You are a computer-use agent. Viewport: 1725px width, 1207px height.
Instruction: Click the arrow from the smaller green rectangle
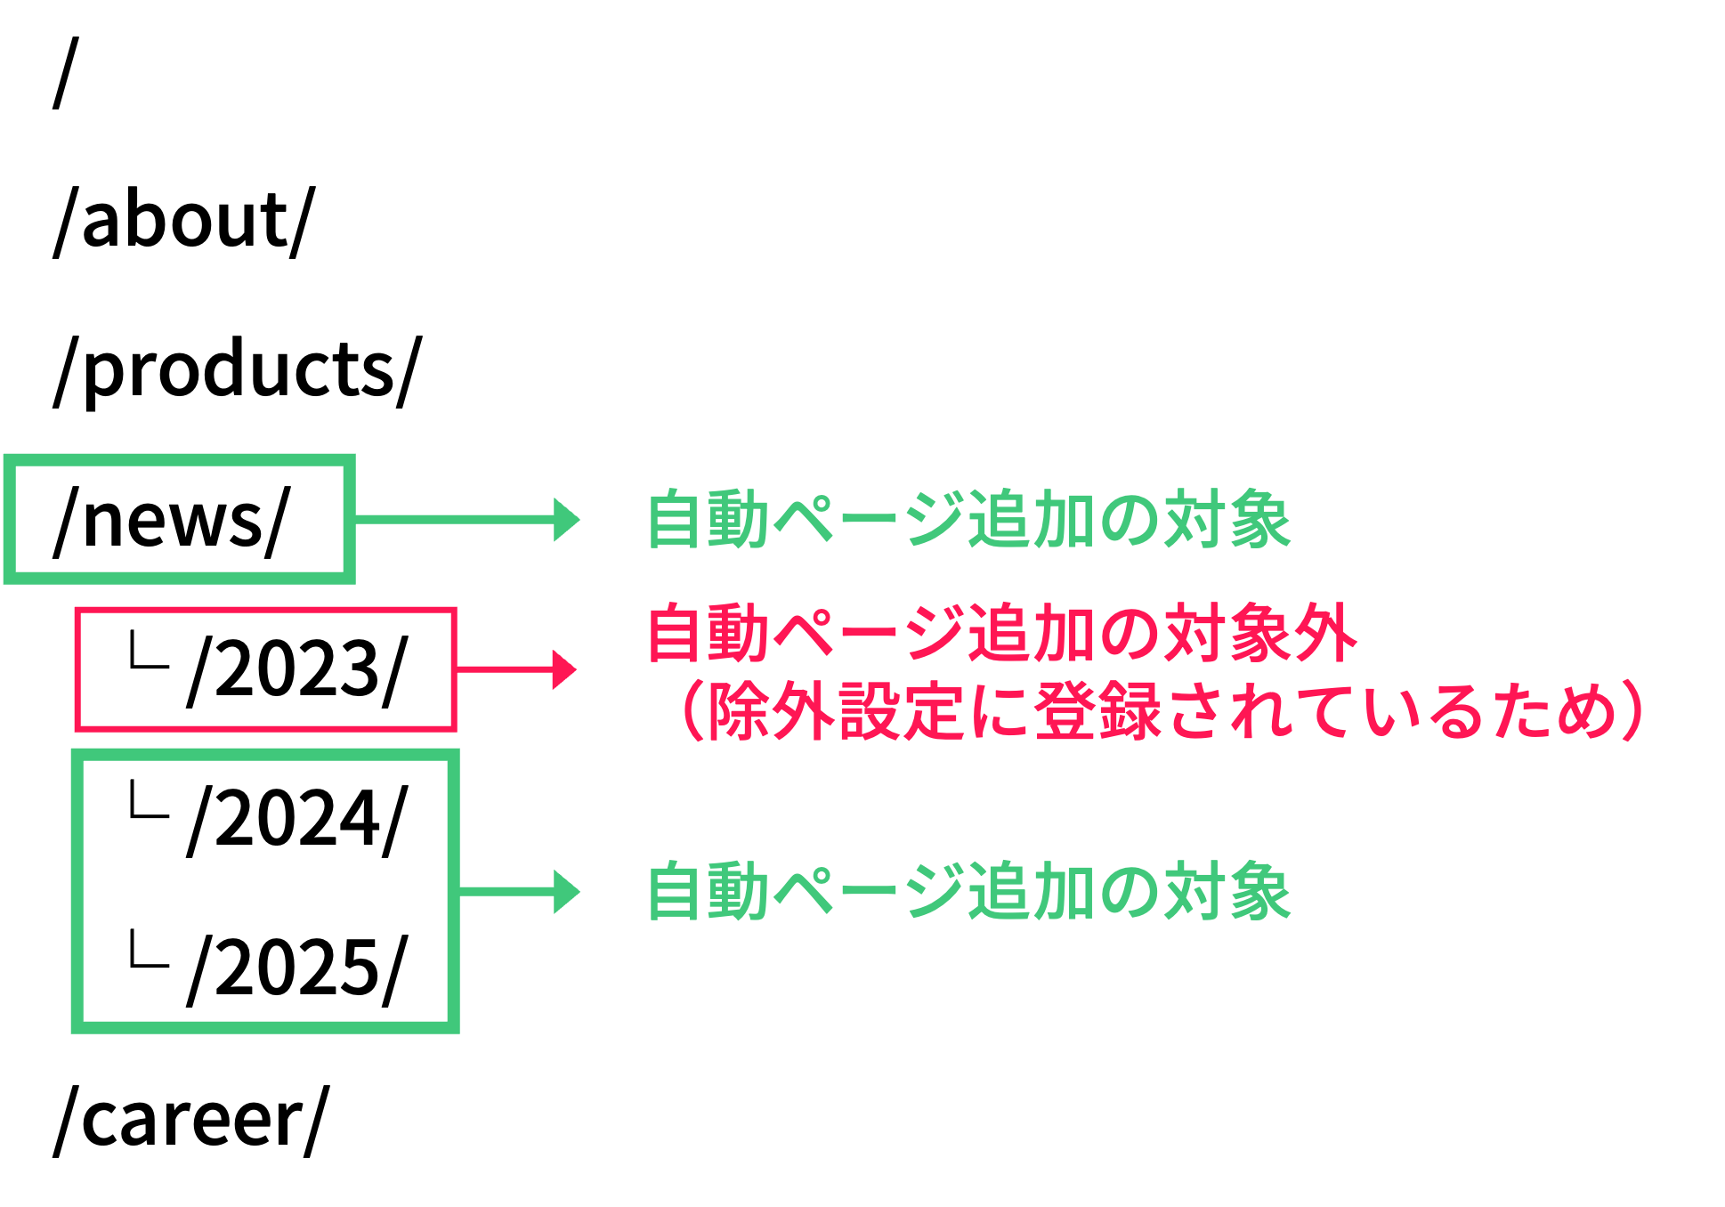[x=463, y=519]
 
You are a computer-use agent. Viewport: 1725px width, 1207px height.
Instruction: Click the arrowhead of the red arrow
[x=564, y=669]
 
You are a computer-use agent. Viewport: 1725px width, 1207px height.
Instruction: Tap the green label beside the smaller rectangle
[x=968, y=519]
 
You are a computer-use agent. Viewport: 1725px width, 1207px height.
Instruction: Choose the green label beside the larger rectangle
[x=968, y=891]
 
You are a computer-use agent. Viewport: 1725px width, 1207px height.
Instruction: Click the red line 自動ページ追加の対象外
[x=1002, y=633]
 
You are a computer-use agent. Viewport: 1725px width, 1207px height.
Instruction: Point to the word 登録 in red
[x=1097, y=710]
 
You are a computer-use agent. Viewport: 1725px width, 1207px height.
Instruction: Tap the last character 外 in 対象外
[x=1325, y=633]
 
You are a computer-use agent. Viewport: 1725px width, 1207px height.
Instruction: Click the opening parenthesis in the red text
[x=691, y=710]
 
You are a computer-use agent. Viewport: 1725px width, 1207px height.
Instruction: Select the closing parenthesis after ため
[x=1633, y=710]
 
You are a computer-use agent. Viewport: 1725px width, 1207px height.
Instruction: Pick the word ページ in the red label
[x=869, y=633]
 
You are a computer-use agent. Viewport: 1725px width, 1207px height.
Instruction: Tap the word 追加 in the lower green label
[x=1032, y=891]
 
